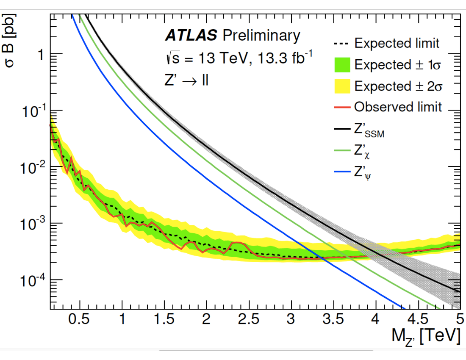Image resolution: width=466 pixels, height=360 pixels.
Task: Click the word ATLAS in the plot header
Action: point(191,36)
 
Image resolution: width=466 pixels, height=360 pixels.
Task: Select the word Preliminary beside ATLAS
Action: point(261,36)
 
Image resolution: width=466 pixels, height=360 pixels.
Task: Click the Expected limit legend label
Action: point(397,43)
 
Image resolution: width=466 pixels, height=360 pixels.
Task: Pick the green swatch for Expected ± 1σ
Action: point(342,65)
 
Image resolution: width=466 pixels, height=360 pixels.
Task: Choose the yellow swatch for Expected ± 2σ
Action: point(342,86)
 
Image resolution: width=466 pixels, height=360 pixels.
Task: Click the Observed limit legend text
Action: point(398,107)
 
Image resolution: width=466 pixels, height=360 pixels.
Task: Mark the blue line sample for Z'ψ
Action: point(342,172)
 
